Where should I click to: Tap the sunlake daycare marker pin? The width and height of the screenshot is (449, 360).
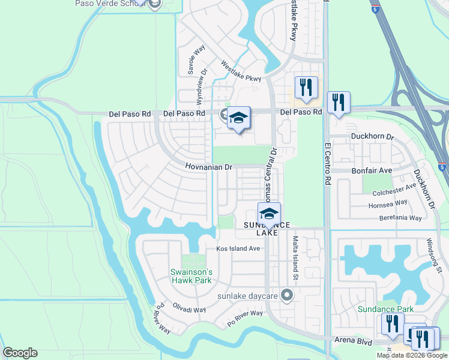288,295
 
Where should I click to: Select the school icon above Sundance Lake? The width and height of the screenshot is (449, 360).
269,213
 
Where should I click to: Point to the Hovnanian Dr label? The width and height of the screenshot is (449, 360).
208,167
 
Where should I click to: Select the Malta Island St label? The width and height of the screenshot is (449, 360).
295,258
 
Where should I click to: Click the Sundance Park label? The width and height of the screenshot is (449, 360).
386,309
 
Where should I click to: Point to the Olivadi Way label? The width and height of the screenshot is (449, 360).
190,310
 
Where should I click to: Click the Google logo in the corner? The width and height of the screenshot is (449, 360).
20,353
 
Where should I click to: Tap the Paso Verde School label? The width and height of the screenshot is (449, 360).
111,3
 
